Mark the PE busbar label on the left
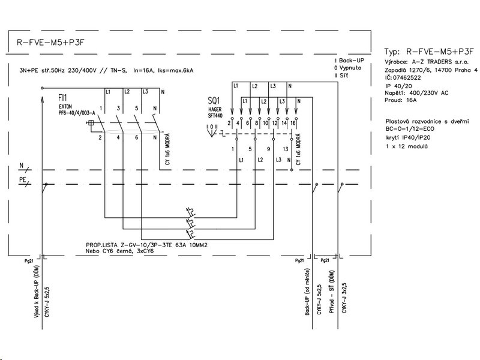tap(22, 179)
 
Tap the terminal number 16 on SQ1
tap(292, 122)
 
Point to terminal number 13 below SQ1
tap(284, 148)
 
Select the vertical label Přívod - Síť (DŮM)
tap(331, 299)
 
